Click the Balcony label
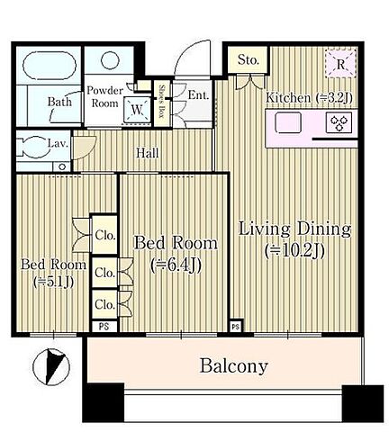(233, 365)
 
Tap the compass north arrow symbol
(51, 366)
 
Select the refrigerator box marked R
(340, 64)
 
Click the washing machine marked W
(137, 110)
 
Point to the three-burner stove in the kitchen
(339, 122)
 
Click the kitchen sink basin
(288, 122)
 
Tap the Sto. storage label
(248, 60)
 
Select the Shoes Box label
(162, 102)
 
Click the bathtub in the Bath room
(50, 66)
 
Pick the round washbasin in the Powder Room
(110, 60)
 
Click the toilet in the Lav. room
(33, 147)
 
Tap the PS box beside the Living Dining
(236, 326)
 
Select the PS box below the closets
(104, 327)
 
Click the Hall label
(147, 153)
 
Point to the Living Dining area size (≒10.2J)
(294, 251)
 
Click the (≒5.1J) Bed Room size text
(53, 282)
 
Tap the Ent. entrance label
(198, 95)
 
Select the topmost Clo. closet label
(105, 236)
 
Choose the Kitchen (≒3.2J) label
(309, 98)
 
